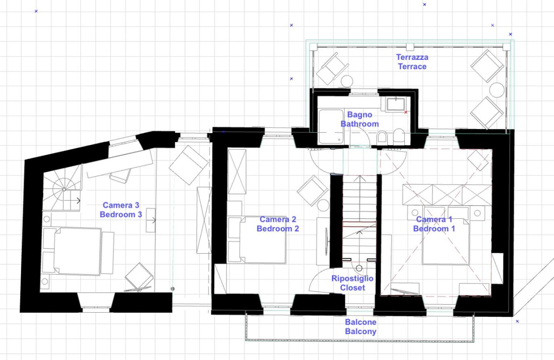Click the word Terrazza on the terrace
point(412,57)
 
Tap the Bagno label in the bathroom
point(359,115)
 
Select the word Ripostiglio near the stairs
point(352,279)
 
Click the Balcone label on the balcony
point(361,322)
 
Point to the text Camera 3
point(121,205)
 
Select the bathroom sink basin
point(396,104)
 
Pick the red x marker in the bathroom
point(406,112)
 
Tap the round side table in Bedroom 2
point(323,205)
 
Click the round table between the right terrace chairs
point(497,90)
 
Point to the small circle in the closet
point(359,268)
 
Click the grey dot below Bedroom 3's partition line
point(173,289)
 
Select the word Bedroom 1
point(434,229)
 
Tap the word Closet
point(353,288)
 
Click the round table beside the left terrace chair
point(347,81)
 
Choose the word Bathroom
point(359,124)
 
